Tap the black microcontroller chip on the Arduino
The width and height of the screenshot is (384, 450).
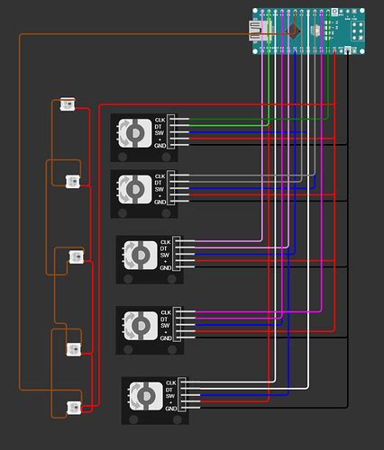click(x=295, y=32)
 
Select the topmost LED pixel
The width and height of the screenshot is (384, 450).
click(x=66, y=106)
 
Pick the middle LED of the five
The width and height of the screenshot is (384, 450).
click(x=76, y=258)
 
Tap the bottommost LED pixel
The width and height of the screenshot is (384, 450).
click(x=75, y=407)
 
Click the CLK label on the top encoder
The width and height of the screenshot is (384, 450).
click(x=160, y=120)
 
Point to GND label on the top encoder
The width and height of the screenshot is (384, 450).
click(x=160, y=148)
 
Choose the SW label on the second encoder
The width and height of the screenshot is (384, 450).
click(x=160, y=189)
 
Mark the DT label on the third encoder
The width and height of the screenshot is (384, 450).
click(x=165, y=248)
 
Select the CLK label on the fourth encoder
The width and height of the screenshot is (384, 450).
click(x=165, y=312)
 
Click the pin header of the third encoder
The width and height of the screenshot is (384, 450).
click(x=177, y=255)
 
